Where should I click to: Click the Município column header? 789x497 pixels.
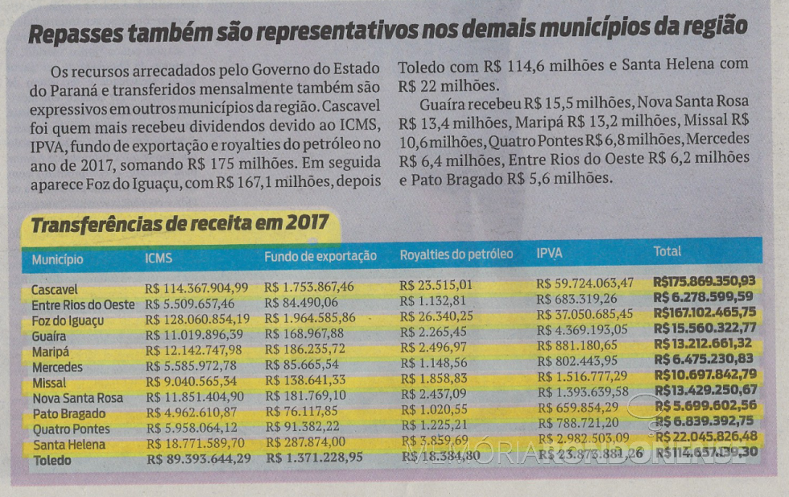point(57,260)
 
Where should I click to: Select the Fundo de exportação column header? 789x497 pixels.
point(320,256)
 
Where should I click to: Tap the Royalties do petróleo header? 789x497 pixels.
point(456,255)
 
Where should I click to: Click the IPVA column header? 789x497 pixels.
point(549,254)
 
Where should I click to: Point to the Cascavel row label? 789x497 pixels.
point(56,289)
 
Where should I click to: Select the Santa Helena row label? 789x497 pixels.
point(69,445)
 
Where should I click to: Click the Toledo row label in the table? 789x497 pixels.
point(52,461)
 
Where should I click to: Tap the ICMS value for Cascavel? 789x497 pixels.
point(197,288)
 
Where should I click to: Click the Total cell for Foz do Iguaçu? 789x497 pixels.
point(706,313)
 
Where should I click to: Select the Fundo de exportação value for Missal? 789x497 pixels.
point(308,380)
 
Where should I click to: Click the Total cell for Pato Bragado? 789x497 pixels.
point(705,405)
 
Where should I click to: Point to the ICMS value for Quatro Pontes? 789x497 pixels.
point(191,428)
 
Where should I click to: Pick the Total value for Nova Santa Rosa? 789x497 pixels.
point(706,390)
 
